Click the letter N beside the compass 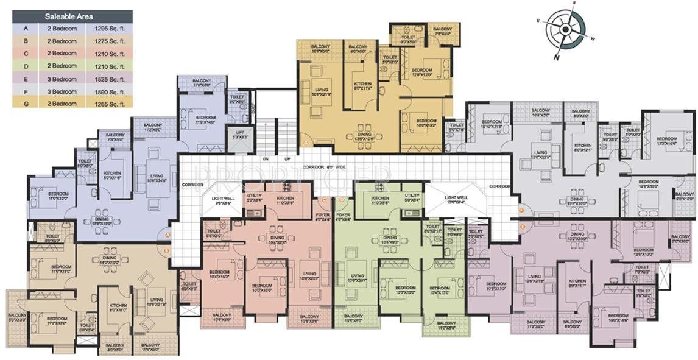pyautogui.click(x=556, y=57)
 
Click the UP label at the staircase pyautogui.click(x=287, y=160)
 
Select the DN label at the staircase pyautogui.click(x=266, y=160)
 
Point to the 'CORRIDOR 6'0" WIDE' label pyautogui.click(x=323, y=166)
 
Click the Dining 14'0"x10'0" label pyautogui.click(x=110, y=261)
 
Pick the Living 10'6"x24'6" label pyautogui.click(x=157, y=178)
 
